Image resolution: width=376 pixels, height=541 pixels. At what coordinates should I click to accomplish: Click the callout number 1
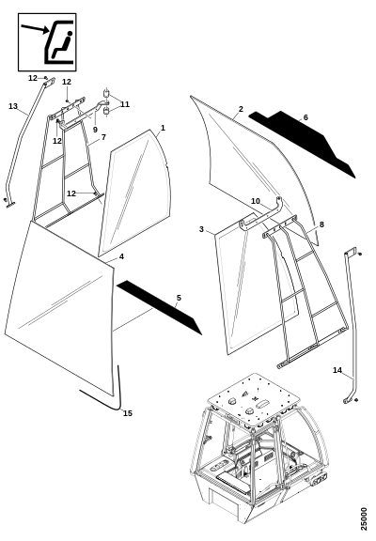[x=163, y=128]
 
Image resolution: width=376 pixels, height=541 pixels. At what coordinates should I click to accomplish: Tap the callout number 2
[x=241, y=109]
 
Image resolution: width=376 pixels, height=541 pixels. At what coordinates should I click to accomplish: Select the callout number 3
[x=202, y=229]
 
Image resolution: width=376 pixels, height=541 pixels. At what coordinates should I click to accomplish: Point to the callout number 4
[x=121, y=256]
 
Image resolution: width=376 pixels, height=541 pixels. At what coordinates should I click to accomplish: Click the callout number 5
[x=179, y=298]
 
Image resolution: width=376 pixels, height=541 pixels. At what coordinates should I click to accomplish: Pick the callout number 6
[x=305, y=117]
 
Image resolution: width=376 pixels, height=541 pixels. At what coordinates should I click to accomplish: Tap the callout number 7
[x=103, y=137]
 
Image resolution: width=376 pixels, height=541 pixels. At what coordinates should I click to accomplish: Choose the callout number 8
[x=321, y=224]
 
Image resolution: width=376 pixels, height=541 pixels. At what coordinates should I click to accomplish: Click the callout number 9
[x=95, y=130]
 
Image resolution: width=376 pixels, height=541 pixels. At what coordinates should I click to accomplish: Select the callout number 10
[x=255, y=201]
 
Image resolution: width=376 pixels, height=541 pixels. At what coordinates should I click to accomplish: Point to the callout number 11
[x=125, y=104]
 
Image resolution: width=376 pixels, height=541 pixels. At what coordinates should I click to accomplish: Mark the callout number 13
[x=13, y=106]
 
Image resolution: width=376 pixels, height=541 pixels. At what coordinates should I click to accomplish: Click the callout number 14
[x=337, y=370]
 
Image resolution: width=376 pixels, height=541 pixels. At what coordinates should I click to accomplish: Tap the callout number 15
[x=128, y=413]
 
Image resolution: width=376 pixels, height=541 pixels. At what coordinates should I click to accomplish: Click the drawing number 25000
[x=364, y=518]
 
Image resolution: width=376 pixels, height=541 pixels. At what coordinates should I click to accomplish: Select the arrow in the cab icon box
[x=35, y=29]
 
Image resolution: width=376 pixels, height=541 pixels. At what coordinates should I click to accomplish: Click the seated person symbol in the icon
[x=62, y=44]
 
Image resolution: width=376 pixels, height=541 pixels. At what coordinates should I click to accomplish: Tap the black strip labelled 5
[x=160, y=307]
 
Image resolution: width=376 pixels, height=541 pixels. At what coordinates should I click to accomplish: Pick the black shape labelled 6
[x=303, y=143]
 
